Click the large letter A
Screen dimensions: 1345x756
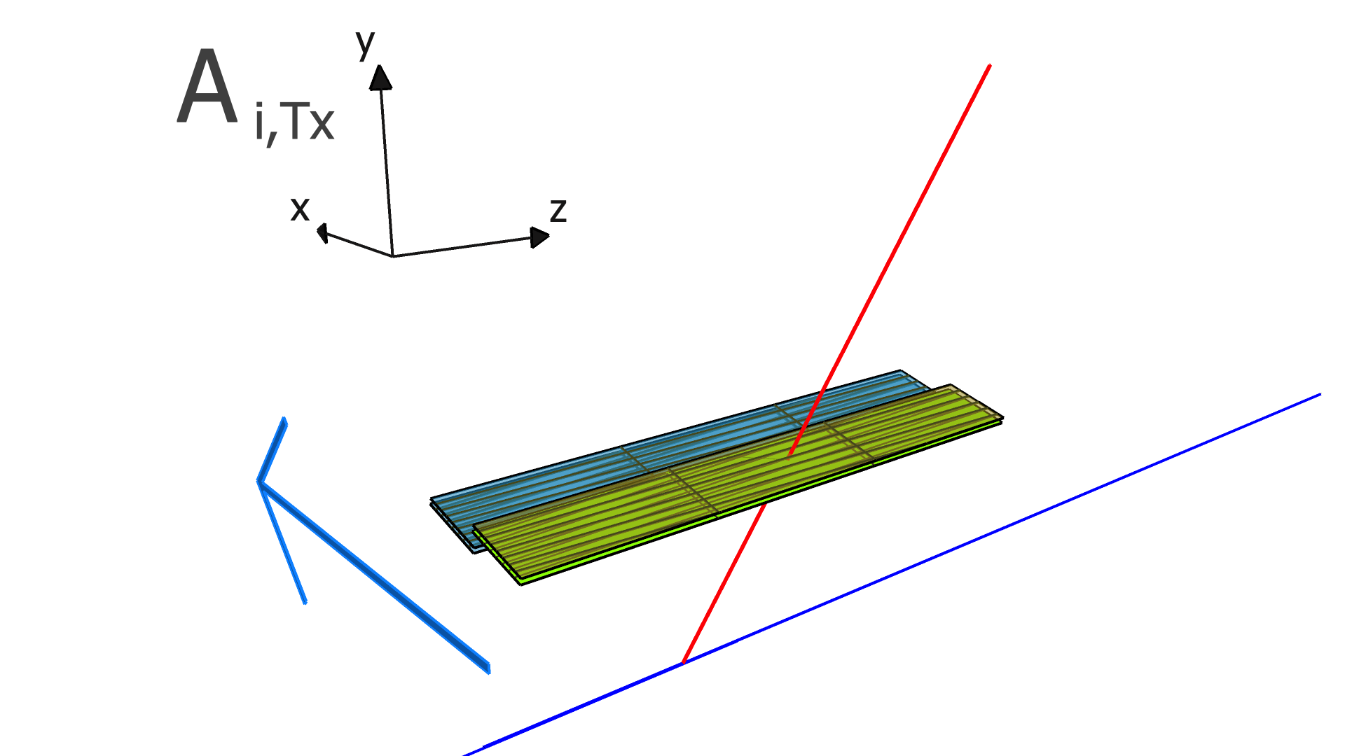pyautogui.click(x=207, y=89)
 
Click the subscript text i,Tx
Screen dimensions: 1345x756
pyautogui.click(x=295, y=123)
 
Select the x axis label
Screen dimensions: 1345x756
pyautogui.click(x=300, y=209)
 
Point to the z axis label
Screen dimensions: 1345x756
pyautogui.click(x=558, y=210)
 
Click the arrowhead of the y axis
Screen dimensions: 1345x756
pyautogui.click(x=380, y=76)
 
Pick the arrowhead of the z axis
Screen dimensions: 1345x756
pyautogui.click(x=540, y=237)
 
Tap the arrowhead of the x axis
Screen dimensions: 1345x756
pyautogui.click(x=322, y=232)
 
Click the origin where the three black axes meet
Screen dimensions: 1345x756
pyautogui.click(x=392, y=256)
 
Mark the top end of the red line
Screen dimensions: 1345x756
pyautogui.click(x=989, y=65)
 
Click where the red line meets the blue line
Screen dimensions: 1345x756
pyautogui.click(x=683, y=662)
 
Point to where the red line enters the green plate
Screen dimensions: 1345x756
pyautogui.click(x=790, y=454)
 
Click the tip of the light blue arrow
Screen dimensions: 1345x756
pyautogui.click(x=259, y=481)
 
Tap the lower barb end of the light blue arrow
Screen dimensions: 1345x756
pyautogui.click(x=305, y=602)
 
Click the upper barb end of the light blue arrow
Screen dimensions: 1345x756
pyautogui.click(x=284, y=419)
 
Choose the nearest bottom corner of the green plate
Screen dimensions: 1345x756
pyautogui.click(x=520, y=584)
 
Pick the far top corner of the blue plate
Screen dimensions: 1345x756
pyautogui.click(x=900, y=370)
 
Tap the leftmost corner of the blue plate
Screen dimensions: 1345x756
pyautogui.click(x=432, y=500)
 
